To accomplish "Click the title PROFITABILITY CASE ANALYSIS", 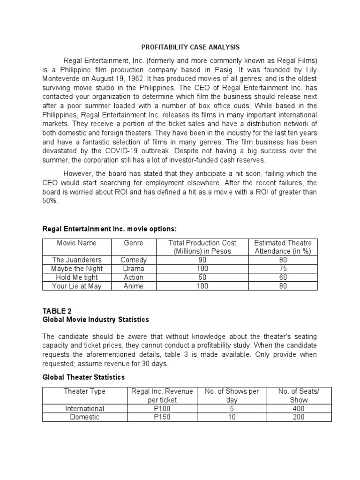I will [190, 47].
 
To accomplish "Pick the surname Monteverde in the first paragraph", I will [62, 78].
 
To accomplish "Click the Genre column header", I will [134, 243].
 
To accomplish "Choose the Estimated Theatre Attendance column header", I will [283, 247].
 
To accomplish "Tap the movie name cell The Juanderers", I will [77, 260].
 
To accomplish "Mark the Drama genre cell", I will [134, 269].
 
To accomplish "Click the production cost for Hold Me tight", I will [202, 277].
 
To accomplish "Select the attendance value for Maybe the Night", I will [283, 269].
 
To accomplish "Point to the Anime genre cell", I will [134, 286].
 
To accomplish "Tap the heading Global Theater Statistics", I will [84, 377].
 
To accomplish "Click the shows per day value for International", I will [232, 409].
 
